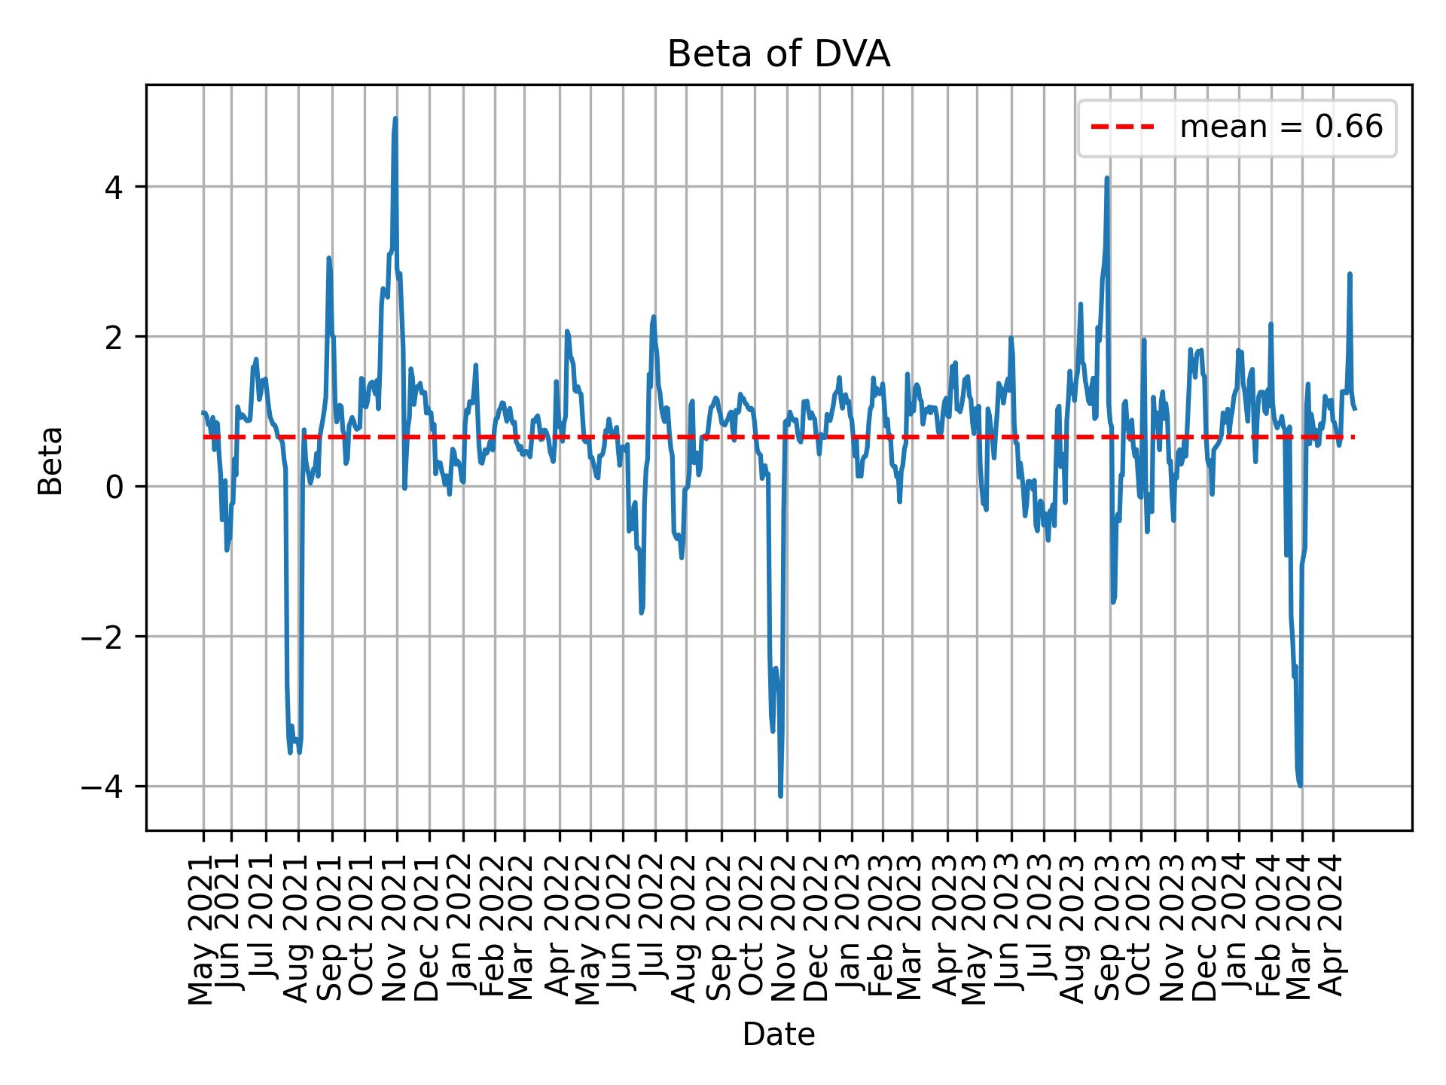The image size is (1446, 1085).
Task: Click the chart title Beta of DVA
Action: point(779,55)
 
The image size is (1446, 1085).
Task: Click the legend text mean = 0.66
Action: point(1281,127)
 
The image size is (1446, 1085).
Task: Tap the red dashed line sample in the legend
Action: point(1122,127)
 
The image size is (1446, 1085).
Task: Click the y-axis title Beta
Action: point(50,460)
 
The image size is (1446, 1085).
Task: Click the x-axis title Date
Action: point(779,1035)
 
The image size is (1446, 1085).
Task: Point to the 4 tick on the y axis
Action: point(114,187)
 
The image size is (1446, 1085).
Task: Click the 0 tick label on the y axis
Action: point(114,487)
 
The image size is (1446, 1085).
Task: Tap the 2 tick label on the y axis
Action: point(114,337)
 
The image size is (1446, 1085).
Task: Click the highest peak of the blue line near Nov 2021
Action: point(395,119)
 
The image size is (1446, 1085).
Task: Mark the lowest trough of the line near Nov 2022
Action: point(780,796)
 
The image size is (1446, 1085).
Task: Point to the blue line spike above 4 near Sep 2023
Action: point(1106,179)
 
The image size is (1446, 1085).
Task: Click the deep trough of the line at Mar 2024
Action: point(1301,785)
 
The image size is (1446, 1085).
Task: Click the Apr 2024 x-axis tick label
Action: point(1333,925)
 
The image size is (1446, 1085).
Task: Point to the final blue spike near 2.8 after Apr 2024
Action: point(1350,274)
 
